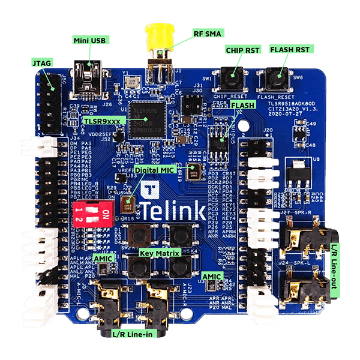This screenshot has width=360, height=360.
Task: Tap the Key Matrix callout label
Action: pyautogui.click(x=160, y=254)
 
